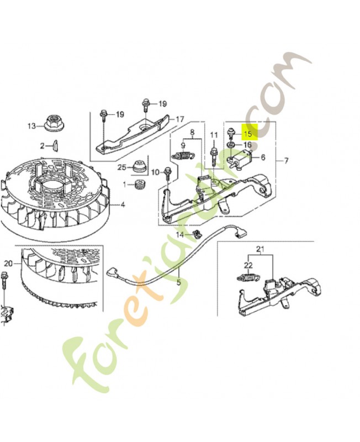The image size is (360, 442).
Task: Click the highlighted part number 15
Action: (248, 133)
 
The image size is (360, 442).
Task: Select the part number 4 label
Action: (123, 204)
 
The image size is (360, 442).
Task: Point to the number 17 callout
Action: (179, 119)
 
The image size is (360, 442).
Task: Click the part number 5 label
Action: (178, 282)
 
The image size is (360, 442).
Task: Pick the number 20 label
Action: (8, 262)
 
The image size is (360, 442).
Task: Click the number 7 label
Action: (286, 160)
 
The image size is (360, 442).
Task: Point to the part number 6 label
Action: (263, 157)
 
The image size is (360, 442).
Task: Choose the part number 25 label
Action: (121, 167)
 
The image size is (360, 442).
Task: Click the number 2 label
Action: (41, 145)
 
